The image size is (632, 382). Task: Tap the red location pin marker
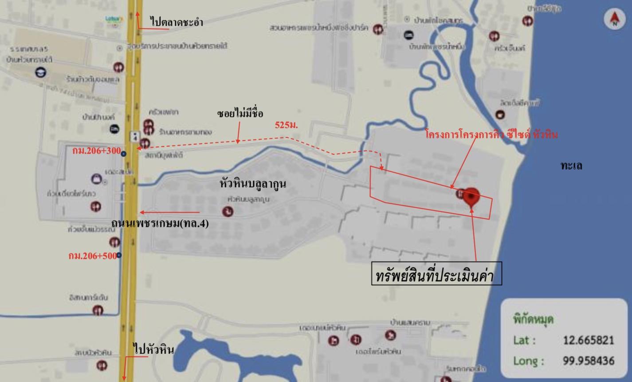point(471,197)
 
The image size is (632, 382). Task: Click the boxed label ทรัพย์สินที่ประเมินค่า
point(436,274)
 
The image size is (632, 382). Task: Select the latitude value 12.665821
point(588,340)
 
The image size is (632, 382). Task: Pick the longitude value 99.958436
point(588,361)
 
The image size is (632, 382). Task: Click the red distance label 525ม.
point(286,125)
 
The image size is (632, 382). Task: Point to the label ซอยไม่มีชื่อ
point(240,114)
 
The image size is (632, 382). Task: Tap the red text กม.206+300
point(96,151)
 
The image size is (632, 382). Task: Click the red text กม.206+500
point(92,256)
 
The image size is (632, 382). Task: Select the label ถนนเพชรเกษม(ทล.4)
point(160,223)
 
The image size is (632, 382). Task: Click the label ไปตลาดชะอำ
point(177,22)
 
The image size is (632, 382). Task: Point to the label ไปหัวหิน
point(153,350)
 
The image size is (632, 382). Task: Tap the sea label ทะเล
point(571,166)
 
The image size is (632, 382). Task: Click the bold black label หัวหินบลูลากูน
point(253,184)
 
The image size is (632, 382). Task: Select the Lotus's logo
point(114,20)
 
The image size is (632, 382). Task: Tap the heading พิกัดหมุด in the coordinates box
point(533,319)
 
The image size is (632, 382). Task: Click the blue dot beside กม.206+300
point(124,154)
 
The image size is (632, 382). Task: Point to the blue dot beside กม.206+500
point(119,255)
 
